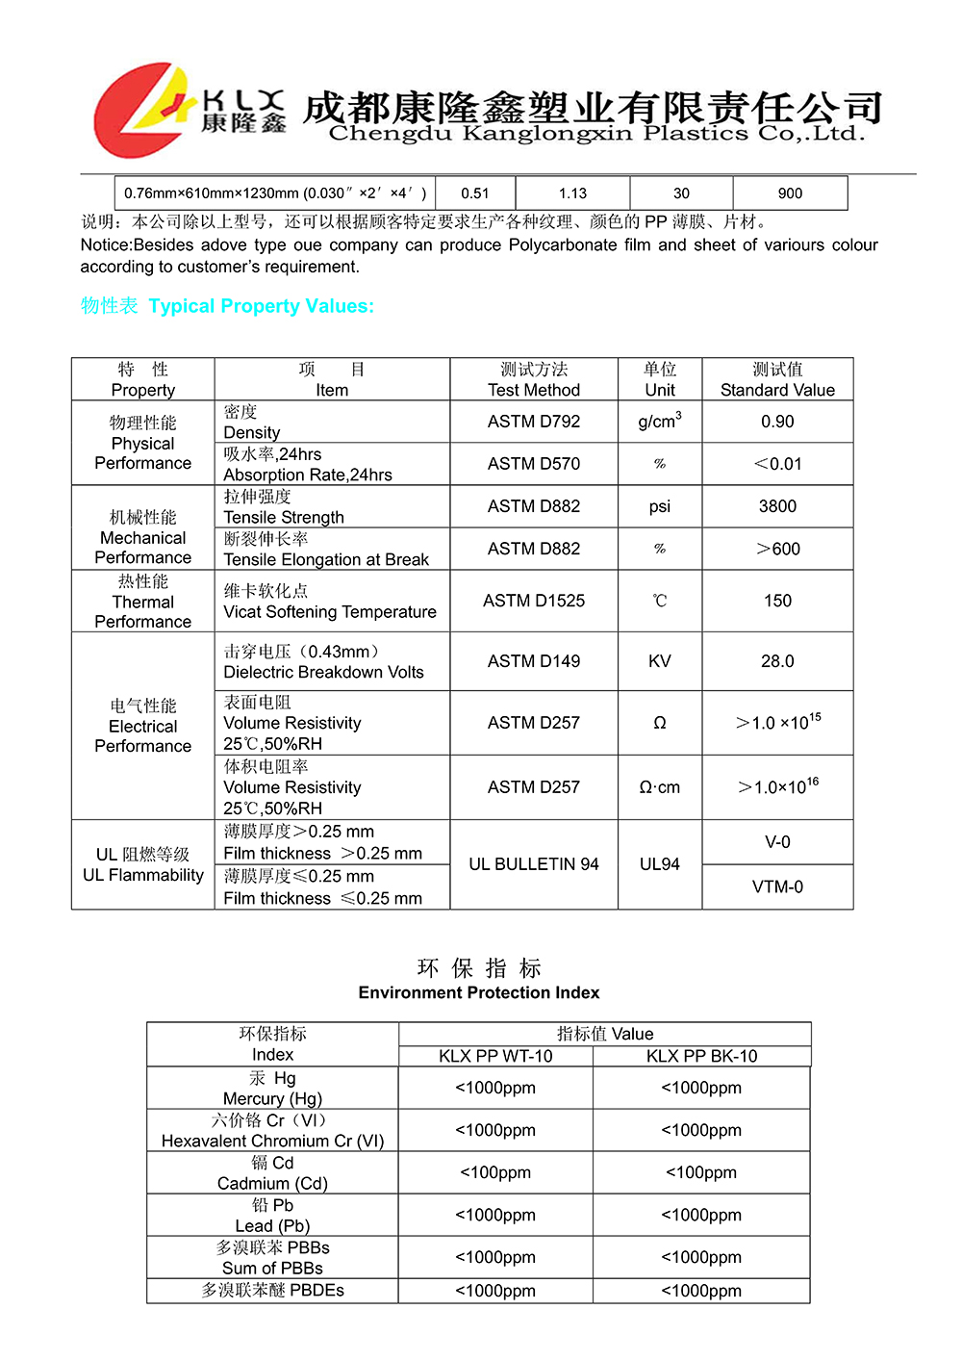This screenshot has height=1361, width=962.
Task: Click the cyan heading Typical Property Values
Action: click(261, 306)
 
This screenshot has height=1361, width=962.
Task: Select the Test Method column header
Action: click(533, 379)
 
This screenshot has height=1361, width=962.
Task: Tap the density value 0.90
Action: click(777, 422)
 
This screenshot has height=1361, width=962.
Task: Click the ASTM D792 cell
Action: click(533, 422)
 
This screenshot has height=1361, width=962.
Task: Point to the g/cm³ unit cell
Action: click(660, 422)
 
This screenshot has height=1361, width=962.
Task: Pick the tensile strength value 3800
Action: click(777, 506)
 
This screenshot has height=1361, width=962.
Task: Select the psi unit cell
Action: click(660, 506)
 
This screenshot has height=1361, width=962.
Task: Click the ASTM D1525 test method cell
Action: click(533, 601)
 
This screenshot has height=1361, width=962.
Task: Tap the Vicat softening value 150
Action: click(777, 601)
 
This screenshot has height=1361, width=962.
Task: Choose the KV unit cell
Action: click(660, 661)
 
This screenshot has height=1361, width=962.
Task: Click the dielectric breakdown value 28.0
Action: click(777, 661)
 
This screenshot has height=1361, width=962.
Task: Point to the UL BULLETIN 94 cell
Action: click(533, 864)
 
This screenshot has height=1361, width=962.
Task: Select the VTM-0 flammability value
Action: click(777, 886)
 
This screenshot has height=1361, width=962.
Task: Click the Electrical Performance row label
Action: click(142, 726)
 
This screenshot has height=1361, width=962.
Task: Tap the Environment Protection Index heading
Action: click(479, 992)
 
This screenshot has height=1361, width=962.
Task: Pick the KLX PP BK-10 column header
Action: click(701, 1056)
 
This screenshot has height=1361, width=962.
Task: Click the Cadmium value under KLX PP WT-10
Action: click(495, 1172)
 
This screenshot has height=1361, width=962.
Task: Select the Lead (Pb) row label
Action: click(272, 1216)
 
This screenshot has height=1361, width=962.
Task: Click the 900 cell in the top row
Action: click(790, 193)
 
